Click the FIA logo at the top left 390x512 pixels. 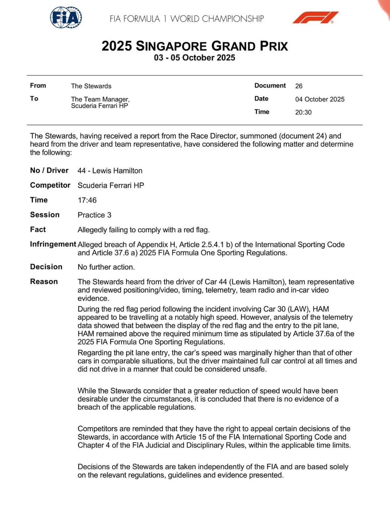(66, 18)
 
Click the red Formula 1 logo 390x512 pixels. (315, 18)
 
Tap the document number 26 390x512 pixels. (299, 86)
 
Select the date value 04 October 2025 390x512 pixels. (320, 99)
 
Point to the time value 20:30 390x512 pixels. (303, 112)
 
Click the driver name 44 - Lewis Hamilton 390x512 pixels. (110, 171)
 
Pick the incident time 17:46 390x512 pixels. (87, 200)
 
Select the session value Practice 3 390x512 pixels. (94, 215)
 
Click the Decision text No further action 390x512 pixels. (106, 267)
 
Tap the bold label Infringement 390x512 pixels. (53, 244)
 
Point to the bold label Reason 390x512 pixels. (44, 281)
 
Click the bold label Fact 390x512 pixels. (38, 230)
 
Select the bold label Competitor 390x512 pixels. (50, 185)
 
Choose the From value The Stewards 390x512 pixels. (91, 86)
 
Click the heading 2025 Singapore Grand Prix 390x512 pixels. (195, 46)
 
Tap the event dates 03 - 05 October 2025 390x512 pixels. (195, 58)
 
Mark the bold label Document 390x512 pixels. (270, 86)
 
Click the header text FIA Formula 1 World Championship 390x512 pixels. (187, 19)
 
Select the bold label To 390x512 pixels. (34, 99)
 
